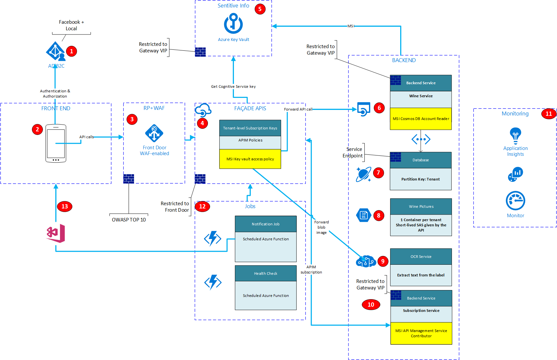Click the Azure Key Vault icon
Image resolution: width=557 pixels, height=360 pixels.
click(233, 23)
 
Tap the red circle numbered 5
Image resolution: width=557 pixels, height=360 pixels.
click(260, 9)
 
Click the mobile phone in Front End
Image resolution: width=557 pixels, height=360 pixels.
click(56, 143)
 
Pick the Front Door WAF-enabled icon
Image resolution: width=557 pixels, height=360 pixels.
click(154, 133)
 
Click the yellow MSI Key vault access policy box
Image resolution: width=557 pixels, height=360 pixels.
click(250, 159)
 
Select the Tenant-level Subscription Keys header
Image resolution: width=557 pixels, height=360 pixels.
click(250, 128)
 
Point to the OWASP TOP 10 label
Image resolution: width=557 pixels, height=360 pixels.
click(129, 220)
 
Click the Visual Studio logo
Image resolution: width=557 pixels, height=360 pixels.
click(56, 233)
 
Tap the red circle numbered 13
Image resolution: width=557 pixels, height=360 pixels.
click(64, 207)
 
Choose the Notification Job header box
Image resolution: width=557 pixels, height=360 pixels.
click(265, 224)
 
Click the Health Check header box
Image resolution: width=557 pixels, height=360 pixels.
click(265, 273)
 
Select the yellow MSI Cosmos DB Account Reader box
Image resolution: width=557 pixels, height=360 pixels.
click(421, 119)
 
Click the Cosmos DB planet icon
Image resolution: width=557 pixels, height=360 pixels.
click(363, 174)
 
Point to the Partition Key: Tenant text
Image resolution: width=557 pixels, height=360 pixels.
click(420, 179)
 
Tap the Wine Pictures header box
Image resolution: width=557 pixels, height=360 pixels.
click(421, 207)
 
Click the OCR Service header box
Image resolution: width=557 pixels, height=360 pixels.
click(421, 257)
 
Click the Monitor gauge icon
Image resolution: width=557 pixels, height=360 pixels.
click(515, 201)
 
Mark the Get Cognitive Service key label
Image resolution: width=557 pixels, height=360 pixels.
click(233, 87)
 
